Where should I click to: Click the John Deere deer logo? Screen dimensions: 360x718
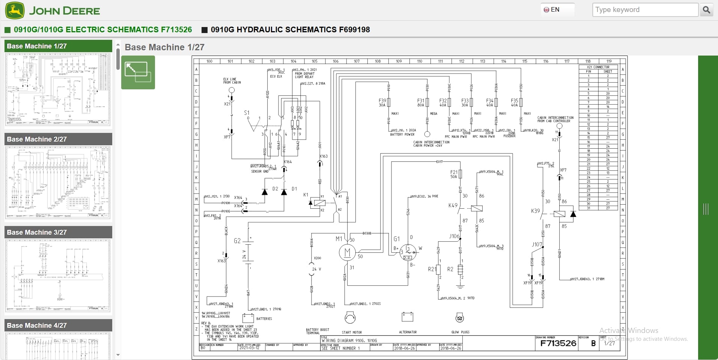[15, 10]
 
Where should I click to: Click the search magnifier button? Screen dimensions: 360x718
[706, 10]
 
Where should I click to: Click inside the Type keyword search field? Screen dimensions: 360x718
[645, 10]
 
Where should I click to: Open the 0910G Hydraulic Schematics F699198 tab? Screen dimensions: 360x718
[290, 30]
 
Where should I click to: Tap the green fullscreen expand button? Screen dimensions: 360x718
[138, 72]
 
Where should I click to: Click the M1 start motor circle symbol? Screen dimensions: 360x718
[347, 253]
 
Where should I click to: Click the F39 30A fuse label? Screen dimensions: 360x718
[382, 103]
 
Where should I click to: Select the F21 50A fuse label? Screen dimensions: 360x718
[453, 174]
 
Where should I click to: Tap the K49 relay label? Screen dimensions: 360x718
[453, 205]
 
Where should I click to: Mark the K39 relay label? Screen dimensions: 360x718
[535, 211]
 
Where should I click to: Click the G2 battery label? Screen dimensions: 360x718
[237, 241]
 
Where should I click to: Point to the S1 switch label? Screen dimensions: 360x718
[247, 113]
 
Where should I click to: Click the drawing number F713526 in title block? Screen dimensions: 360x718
[558, 343]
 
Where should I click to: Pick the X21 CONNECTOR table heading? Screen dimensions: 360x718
[598, 67]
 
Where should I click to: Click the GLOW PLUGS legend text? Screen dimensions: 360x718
[460, 332]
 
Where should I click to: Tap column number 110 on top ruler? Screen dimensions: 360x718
[420, 61]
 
